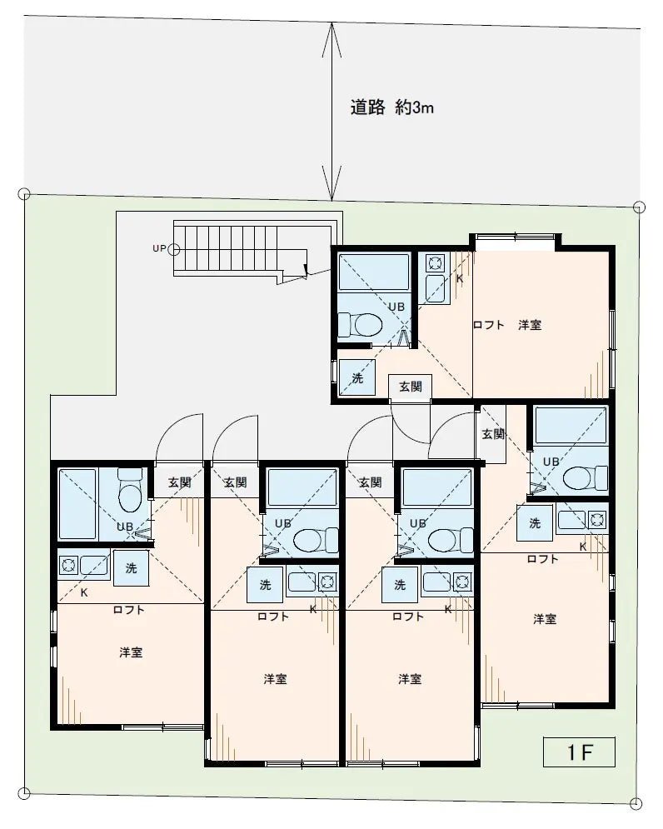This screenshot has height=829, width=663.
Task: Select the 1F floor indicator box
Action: click(x=579, y=752)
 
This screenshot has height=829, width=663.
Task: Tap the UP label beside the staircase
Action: click(x=158, y=248)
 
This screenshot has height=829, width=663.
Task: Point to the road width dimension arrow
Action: click(x=332, y=112)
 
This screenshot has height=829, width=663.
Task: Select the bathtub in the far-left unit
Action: click(x=77, y=504)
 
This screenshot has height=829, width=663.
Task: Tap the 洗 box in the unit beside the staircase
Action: click(x=356, y=377)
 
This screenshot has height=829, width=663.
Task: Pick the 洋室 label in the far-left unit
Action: click(x=131, y=652)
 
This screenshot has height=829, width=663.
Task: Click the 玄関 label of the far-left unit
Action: click(x=179, y=482)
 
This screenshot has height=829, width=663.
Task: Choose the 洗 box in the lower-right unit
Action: click(x=535, y=523)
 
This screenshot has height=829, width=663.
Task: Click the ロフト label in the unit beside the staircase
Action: click(x=488, y=325)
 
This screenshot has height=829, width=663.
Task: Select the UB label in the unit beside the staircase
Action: click(x=396, y=307)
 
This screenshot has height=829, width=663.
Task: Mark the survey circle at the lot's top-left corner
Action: click(x=24, y=195)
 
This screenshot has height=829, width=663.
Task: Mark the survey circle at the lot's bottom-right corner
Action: click(x=637, y=803)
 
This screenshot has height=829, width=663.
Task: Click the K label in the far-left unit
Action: click(x=85, y=592)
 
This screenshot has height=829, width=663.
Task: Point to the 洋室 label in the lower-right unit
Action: click(x=545, y=618)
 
